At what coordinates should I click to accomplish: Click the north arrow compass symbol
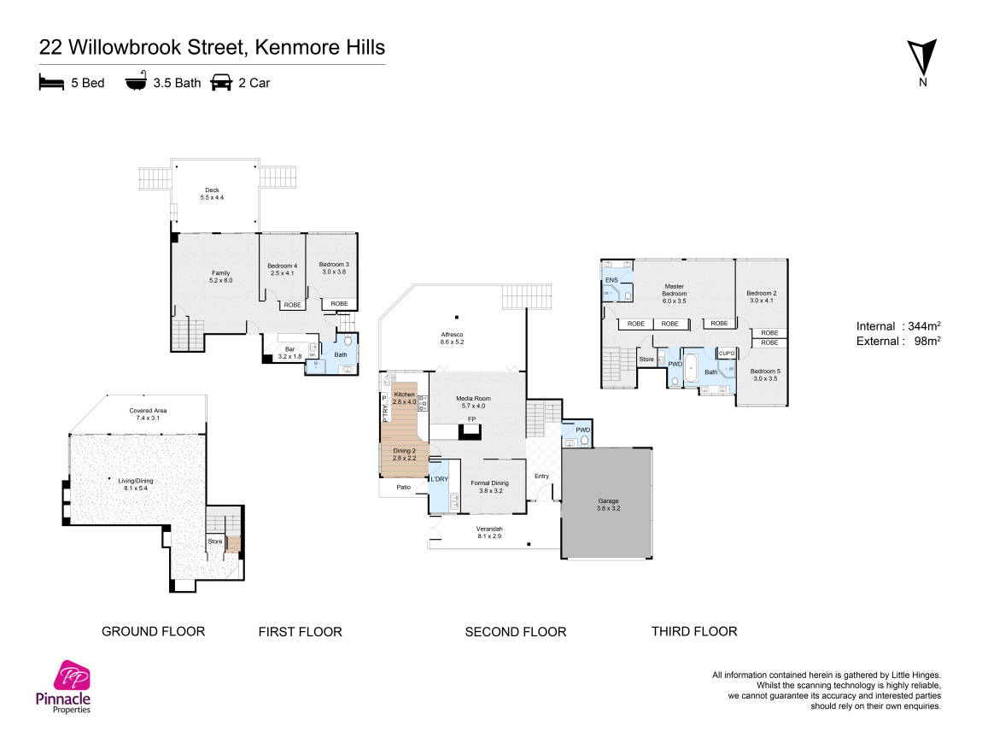922,62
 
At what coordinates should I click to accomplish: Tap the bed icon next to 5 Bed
51,82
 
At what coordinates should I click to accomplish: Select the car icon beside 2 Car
221,82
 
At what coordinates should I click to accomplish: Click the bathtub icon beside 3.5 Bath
136,81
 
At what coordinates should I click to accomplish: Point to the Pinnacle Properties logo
63,687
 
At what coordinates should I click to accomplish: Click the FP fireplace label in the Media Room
471,419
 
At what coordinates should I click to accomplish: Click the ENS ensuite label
611,280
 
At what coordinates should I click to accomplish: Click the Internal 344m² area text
898,325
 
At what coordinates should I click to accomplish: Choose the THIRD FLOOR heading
694,631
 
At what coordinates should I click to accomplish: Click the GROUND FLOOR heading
154,631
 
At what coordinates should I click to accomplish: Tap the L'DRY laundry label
439,479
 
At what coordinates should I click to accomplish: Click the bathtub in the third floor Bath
690,368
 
